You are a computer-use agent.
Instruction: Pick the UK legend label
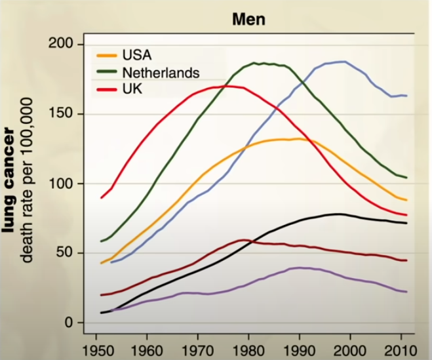coord(131,88)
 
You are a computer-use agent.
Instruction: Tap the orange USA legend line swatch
coord(107,54)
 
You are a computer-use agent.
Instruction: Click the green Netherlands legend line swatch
coord(107,71)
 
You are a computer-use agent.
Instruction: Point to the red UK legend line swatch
coord(107,88)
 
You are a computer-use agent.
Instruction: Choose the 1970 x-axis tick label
coord(197,348)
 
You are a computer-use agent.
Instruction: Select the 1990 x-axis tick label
coord(299,348)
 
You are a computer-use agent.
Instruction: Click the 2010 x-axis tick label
coord(399,348)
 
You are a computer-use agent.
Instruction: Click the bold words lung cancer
coord(12,176)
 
